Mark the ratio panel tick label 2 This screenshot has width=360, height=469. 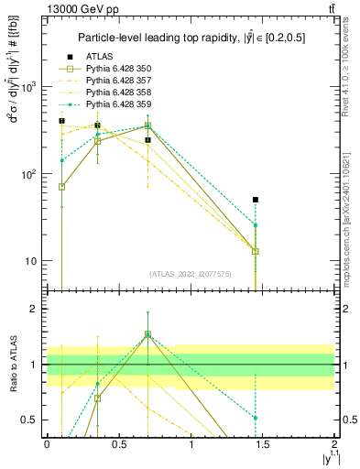(x=33, y=309)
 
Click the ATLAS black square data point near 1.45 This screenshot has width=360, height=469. (x=256, y=199)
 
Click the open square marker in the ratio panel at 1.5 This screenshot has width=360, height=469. (x=147, y=334)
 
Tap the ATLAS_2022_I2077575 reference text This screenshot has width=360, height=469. (x=190, y=274)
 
